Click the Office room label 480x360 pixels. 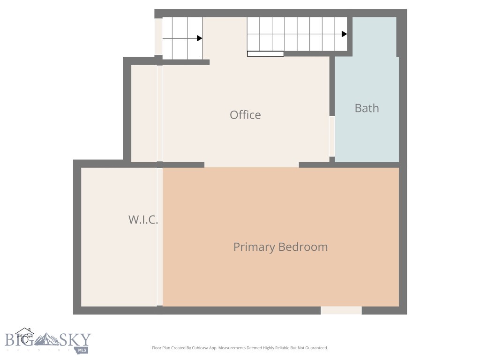(x=245, y=115)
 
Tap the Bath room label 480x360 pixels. (x=367, y=108)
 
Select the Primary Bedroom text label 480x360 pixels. (x=280, y=247)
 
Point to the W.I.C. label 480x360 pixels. (x=143, y=219)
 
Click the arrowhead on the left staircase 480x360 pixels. (x=200, y=38)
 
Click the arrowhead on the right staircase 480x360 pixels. (x=345, y=34)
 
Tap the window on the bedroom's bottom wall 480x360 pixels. (x=341, y=310)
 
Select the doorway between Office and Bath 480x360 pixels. (x=332, y=136)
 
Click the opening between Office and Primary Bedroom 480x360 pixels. (x=251, y=165)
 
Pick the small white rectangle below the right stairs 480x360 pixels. (x=265, y=54)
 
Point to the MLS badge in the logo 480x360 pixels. (x=82, y=350)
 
